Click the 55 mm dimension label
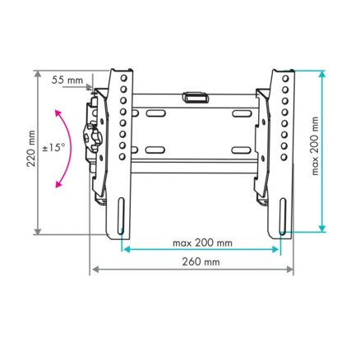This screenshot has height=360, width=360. pyautogui.click(x=67, y=80)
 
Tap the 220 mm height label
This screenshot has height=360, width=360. pyautogui.click(x=31, y=149)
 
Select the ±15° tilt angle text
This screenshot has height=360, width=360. pyautogui.click(x=54, y=148)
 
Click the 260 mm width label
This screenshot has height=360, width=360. pyautogui.click(x=201, y=262)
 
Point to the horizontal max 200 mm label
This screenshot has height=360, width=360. pyautogui.click(x=202, y=242)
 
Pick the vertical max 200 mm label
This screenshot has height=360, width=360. pyautogui.click(x=315, y=146)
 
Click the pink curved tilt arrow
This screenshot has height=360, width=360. pyautogui.click(x=66, y=148)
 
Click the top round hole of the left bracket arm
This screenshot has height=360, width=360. pyautogui.click(x=123, y=78)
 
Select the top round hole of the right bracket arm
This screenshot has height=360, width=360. pyautogui.click(x=285, y=79)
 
